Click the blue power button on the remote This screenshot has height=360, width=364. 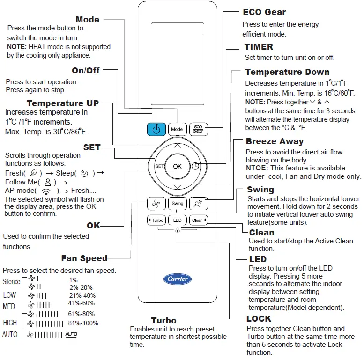pyautogui.click(x=156, y=129)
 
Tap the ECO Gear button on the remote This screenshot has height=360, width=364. pyautogui.click(x=198, y=129)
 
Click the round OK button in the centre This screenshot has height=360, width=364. pyautogui.click(x=177, y=166)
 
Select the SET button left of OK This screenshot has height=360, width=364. pyautogui.click(x=159, y=166)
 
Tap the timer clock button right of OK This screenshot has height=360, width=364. pyautogui.click(x=195, y=166)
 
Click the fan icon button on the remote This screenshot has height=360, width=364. pyautogui.click(x=156, y=203)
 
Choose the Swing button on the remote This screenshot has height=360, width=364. pyautogui.click(x=177, y=203)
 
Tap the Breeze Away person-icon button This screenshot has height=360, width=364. pyautogui.click(x=198, y=203)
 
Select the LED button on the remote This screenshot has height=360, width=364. pyautogui.click(x=177, y=220)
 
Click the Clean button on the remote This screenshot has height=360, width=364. pyautogui.click(x=198, y=220)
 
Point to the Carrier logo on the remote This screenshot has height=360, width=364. pyautogui.click(x=177, y=279)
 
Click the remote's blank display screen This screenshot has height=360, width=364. pyautogui.click(x=177, y=63)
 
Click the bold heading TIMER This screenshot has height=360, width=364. pyautogui.click(x=259, y=47)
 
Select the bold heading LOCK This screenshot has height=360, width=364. pyautogui.click(x=259, y=319)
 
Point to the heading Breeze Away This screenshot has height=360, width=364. pyautogui.click(x=275, y=141)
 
